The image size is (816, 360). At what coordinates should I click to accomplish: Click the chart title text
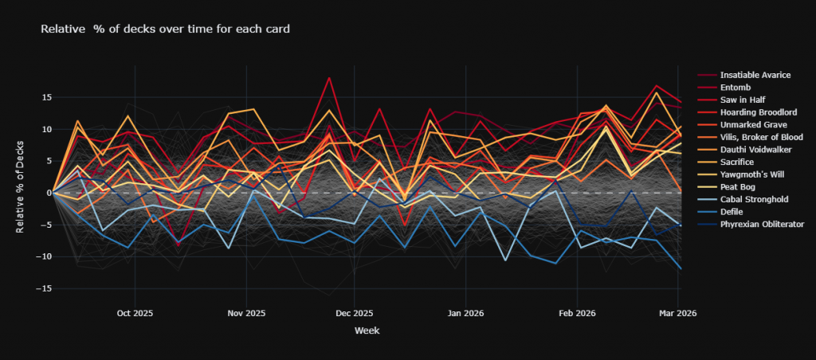[165, 29]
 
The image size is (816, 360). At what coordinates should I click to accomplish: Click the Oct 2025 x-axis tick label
[135, 313]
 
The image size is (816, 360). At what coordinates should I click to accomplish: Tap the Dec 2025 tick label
[355, 313]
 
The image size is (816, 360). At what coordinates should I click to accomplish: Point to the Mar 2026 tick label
[678, 313]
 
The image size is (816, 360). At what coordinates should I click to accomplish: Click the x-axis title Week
[366, 330]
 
